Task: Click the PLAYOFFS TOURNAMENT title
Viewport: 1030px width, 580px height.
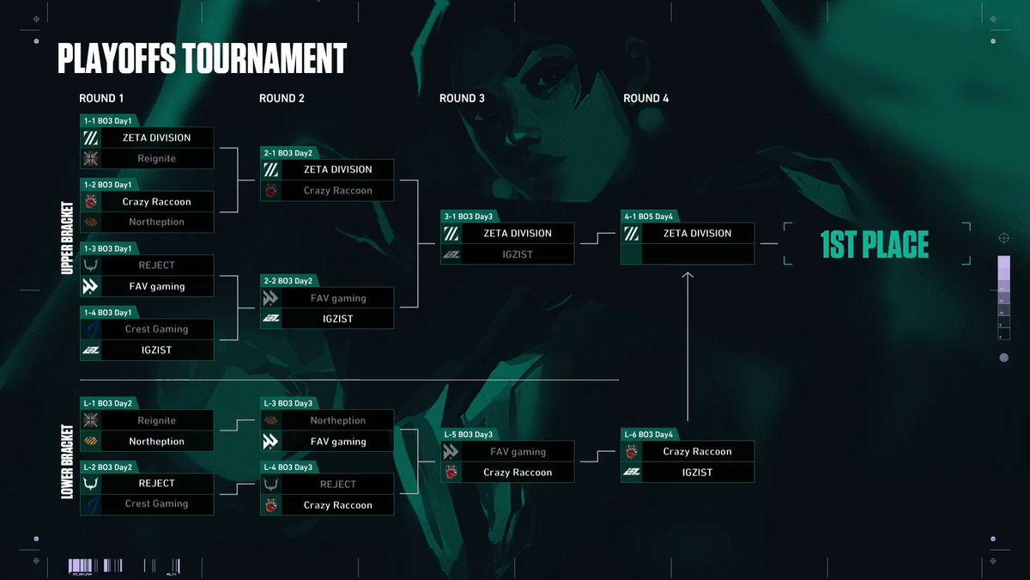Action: point(202,58)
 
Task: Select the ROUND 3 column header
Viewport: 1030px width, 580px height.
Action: point(462,98)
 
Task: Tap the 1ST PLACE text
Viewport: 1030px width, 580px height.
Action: point(875,245)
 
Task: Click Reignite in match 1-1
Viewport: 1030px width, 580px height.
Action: point(156,159)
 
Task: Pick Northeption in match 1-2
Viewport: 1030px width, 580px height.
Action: point(156,223)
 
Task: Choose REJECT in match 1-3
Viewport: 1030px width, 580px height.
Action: point(156,266)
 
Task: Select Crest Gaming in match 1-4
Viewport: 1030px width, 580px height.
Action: point(156,329)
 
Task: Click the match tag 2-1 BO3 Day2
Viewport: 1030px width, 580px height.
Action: point(288,153)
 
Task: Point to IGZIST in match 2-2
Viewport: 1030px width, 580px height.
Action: point(337,319)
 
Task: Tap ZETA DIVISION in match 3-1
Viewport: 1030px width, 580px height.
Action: point(517,234)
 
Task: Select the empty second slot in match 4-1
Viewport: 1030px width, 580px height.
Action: point(697,254)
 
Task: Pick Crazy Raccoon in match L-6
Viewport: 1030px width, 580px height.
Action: point(697,452)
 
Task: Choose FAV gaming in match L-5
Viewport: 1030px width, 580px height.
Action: point(518,452)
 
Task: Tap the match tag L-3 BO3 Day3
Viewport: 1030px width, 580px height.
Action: point(288,404)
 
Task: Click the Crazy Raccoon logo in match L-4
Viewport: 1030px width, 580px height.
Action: point(271,506)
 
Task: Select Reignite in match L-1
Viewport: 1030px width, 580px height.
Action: point(156,421)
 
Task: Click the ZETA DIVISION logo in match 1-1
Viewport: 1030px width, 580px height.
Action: point(91,137)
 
